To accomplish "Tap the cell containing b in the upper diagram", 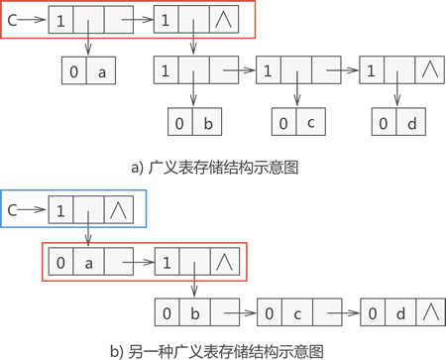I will pyautogui.click(x=207, y=123).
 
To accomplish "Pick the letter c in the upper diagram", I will pyautogui.click(x=310, y=123).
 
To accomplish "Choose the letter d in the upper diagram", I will pyautogui.click(x=412, y=123).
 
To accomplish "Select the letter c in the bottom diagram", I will pyautogui.click(x=295, y=314).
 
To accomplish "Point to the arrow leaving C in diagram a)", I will pyautogui.click(x=34, y=18).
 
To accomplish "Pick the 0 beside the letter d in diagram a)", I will pyautogui.click(x=383, y=123).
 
